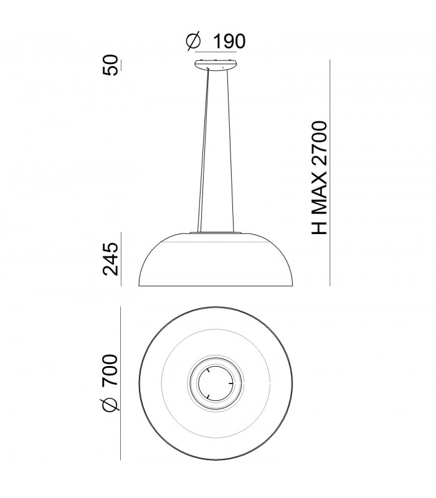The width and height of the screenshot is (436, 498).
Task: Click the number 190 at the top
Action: pos(229,42)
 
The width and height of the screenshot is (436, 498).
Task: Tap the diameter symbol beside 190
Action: pos(194,42)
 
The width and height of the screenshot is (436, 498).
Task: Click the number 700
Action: pos(110,371)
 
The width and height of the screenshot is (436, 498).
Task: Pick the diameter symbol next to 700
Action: pos(110,405)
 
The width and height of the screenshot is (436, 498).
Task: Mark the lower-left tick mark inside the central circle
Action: pos(207,396)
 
